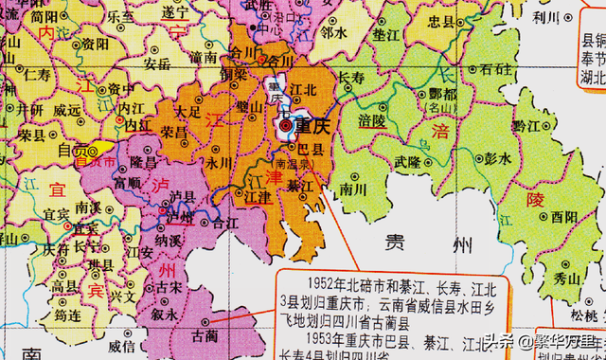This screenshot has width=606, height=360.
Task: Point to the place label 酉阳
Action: (x=565, y=216)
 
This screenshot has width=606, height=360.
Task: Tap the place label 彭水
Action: (x=496, y=158)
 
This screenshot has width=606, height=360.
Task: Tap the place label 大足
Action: (x=188, y=112)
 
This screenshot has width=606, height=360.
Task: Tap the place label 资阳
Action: (x=94, y=43)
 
